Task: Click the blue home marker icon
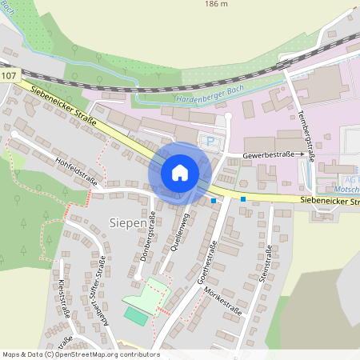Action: pos(180,172)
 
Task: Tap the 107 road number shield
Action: pos(8,76)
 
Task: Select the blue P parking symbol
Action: pos(211,142)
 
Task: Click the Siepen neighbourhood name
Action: pos(127,222)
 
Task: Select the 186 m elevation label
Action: pos(217,4)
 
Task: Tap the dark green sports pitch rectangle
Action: pos(137,317)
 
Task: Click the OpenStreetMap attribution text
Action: pos(80,354)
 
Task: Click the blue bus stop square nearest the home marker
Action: pos(214,201)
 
